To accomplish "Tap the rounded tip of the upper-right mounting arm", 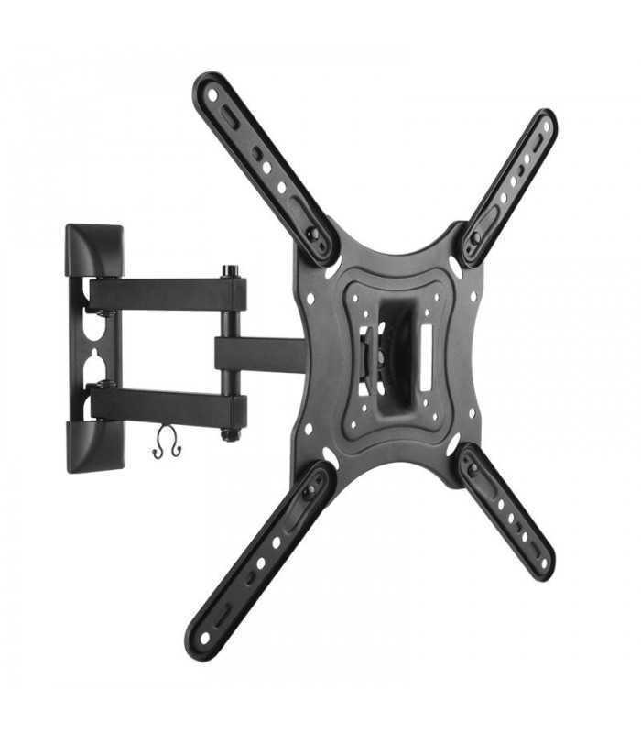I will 544,123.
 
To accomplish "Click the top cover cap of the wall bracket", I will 93,248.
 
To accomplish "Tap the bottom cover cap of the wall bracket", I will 93,445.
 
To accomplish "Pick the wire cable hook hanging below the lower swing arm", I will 167,443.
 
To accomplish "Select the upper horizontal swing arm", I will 165,294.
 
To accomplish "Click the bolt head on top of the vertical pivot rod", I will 229,271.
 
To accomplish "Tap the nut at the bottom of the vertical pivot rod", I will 229,434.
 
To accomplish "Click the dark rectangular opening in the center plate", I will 396,353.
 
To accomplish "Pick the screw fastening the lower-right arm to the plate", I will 473,469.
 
